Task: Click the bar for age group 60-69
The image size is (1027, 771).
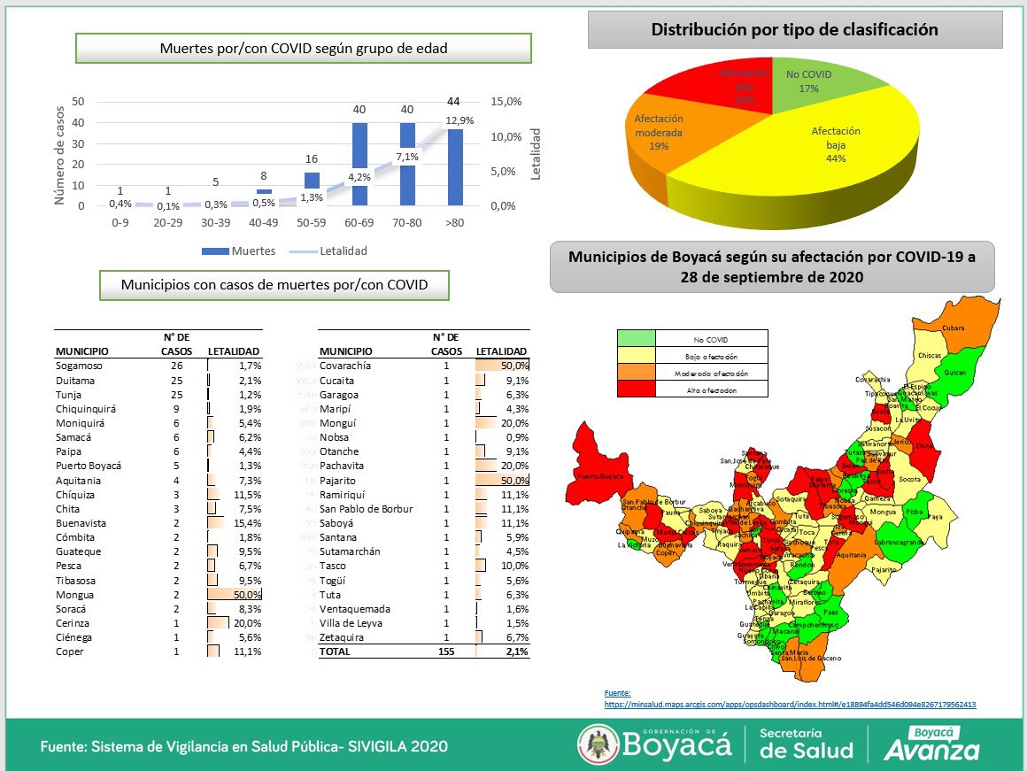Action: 360,164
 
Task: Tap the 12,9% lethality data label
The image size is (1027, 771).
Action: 459,120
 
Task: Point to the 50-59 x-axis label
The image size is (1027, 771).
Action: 313,223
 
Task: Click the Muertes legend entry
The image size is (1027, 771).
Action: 239,251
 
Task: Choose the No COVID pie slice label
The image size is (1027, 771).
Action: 808,81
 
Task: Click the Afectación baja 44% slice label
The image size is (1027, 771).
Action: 836,144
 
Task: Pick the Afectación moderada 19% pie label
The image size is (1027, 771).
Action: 658,132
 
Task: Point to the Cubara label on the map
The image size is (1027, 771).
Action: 953,328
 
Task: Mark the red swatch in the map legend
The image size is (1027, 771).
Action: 636,389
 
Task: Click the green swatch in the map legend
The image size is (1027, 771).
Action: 636,338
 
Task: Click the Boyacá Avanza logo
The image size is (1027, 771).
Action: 931,744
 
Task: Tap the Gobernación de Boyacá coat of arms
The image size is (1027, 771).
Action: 598,744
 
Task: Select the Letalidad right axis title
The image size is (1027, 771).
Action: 536,154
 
